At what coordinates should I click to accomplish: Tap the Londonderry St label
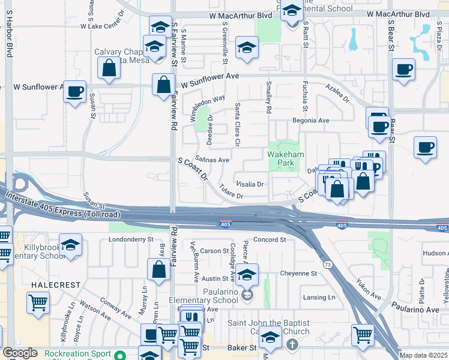tap(131, 239)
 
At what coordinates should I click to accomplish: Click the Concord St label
tap(269, 239)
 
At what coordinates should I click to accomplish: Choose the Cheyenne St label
tap(297, 273)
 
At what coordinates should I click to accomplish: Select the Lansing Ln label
tap(319, 297)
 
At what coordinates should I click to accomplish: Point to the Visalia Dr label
tap(250, 184)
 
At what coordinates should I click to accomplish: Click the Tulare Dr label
tap(231, 191)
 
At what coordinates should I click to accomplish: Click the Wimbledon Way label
tap(208, 107)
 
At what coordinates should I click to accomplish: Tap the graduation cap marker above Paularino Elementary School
tap(247, 274)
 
